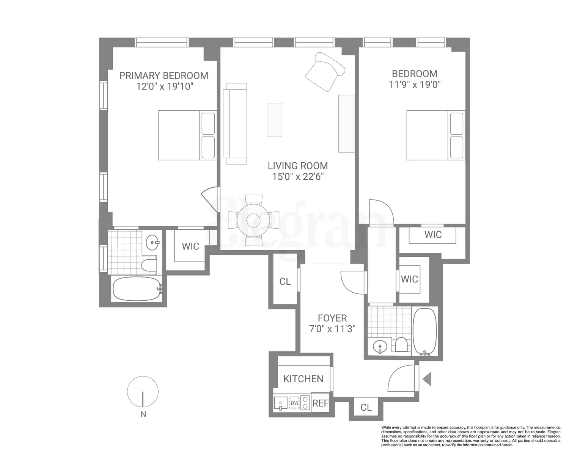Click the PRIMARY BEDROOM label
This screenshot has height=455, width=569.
163,76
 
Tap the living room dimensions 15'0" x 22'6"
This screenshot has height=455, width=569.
298,177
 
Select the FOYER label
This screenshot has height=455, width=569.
332,318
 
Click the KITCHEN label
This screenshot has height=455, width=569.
303,379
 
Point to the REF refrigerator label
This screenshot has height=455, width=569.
321,403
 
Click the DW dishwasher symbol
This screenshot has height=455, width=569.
294,403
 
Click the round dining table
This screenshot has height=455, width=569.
254,221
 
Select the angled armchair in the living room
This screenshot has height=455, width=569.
325,72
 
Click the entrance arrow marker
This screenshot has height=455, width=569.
427,379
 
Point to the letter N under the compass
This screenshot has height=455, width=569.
143,414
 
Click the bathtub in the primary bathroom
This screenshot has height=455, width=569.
137,289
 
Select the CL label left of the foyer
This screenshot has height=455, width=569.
285,282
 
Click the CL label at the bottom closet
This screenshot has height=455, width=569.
366,407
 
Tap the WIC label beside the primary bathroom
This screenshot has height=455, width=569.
190,246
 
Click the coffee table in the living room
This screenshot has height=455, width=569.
275,120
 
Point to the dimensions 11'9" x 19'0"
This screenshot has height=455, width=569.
415,85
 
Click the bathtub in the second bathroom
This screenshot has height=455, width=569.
425,331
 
